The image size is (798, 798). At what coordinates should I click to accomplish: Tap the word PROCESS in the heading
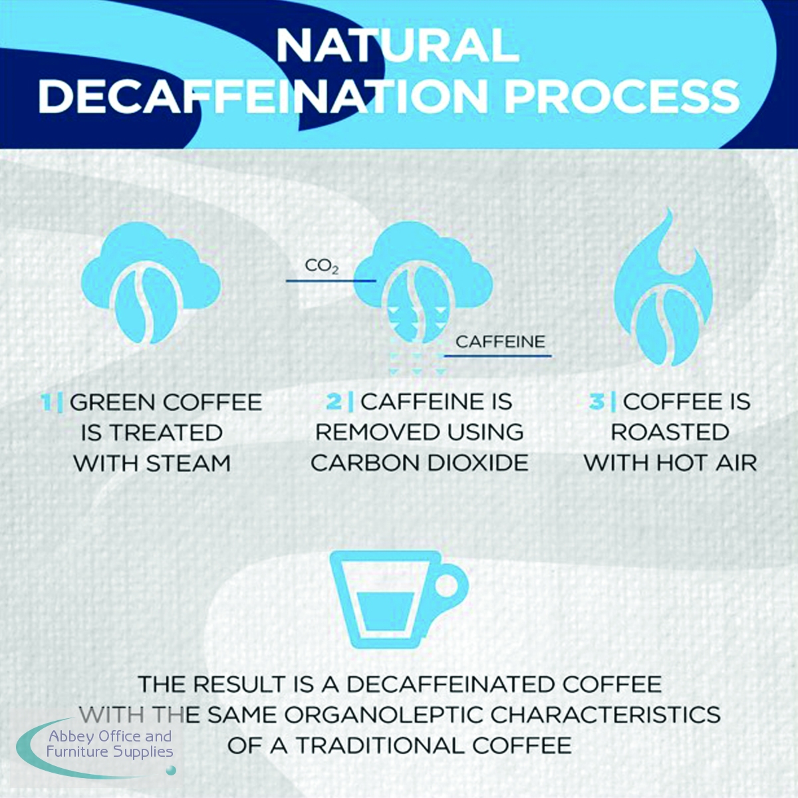pyautogui.click(x=622, y=96)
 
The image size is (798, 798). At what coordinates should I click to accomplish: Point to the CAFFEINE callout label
pyautogui.click(x=500, y=342)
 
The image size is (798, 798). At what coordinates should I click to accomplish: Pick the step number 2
pyautogui.click(x=334, y=402)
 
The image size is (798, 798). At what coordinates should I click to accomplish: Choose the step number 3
pyautogui.click(x=597, y=402)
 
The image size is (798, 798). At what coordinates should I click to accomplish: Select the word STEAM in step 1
pyautogui.click(x=188, y=463)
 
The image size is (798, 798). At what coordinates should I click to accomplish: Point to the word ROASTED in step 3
pyautogui.click(x=670, y=433)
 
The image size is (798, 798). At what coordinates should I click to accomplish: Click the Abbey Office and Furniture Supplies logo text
pyautogui.click(x=110, y=743)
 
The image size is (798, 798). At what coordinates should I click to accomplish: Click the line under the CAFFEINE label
pyautogui.click(x=498, y=355)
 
